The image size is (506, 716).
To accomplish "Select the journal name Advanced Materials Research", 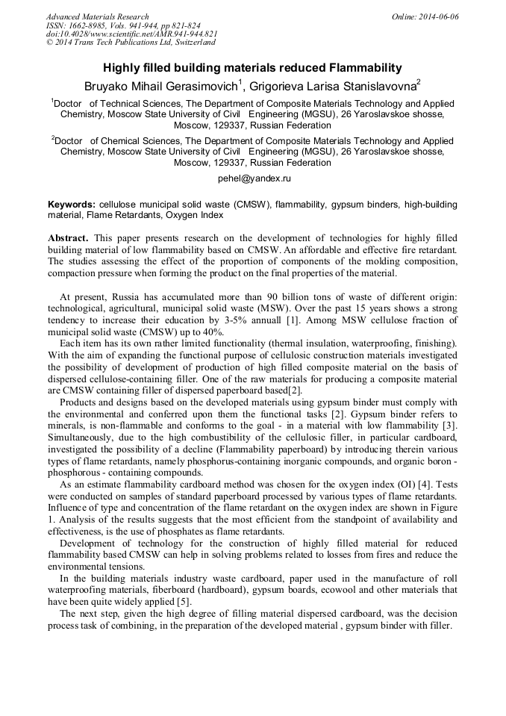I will [x=98, y=16].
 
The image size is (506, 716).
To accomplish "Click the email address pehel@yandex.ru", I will [x=254, y=178].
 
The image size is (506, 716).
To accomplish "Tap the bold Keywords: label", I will [x=72, y=204].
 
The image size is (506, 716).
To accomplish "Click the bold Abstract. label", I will [x=69, y=237].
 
